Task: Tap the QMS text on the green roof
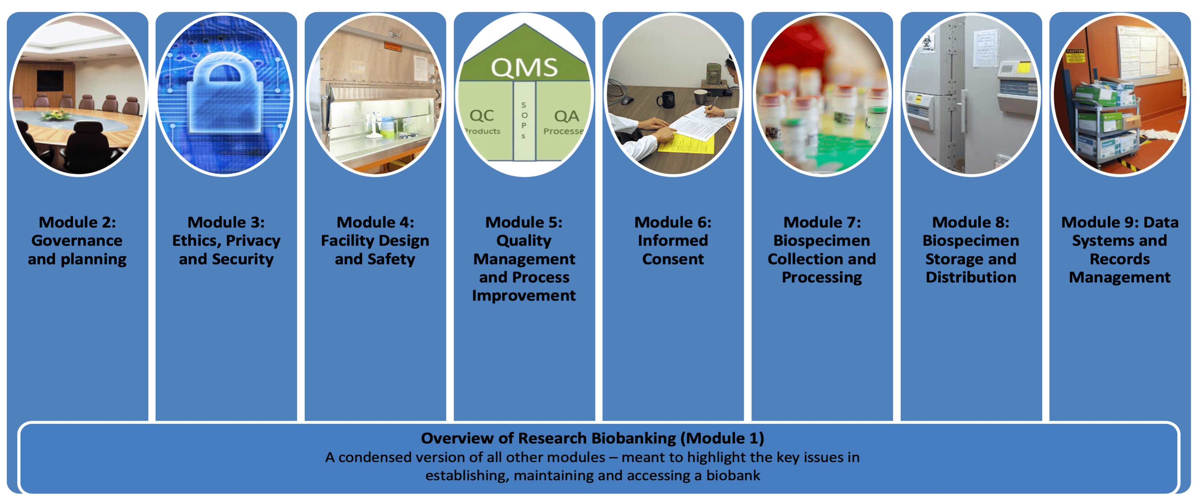[524, 68]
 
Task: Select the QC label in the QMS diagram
[481, 115]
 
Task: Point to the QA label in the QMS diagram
[566, 116]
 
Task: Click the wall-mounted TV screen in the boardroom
[50, 80]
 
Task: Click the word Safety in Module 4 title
[391, 259]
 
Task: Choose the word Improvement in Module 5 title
[524, 295]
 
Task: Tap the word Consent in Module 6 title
[673, 259]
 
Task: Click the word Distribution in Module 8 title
[971, 277]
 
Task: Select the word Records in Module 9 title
[1119, 259]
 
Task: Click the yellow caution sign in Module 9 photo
[1075, 56]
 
